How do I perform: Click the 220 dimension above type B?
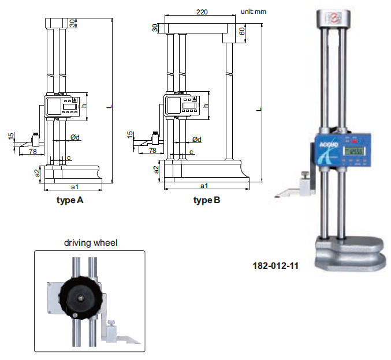202,12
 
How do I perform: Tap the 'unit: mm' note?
254,12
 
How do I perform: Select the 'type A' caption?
70,200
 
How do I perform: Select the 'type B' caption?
207,200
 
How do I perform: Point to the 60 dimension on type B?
241,31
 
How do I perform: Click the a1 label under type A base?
75,186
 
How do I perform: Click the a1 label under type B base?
204,186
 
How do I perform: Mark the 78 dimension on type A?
33,151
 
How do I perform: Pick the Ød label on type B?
197,139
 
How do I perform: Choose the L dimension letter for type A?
109,106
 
